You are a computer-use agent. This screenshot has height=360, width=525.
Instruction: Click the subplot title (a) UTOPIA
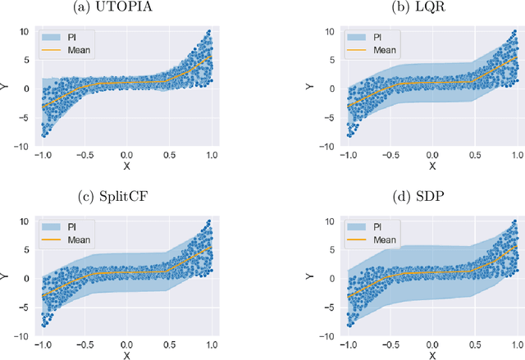(125, 9)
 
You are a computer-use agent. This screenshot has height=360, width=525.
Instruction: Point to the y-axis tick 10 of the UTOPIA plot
(24, 32)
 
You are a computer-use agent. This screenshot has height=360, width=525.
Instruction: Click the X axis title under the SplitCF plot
(126, 355)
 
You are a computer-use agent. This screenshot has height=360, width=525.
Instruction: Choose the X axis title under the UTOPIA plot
(126, 166)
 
